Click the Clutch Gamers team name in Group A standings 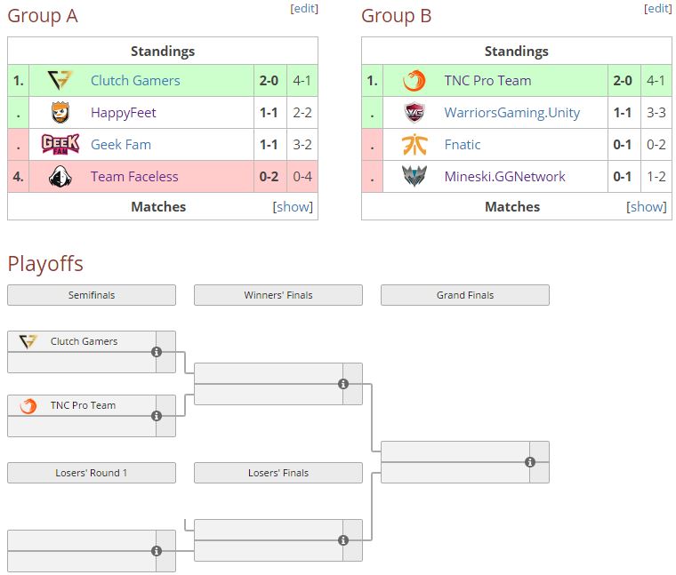[x=135, y=81]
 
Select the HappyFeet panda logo [x=60, y=112]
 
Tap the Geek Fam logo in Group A [x=60, y=144]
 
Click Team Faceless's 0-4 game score [x=302, y=177]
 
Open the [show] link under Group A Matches [x=293, y=207]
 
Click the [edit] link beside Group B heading [x=658, y=9]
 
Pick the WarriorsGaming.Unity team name [x=511, y=112]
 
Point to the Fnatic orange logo [x=414, y=144]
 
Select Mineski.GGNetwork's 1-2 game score [x=656, y=177]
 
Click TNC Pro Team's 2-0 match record [x=623, y=81]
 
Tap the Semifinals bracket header [x=92, y=295]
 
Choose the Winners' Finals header [x=278, y=295]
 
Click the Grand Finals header [x=464, y=295]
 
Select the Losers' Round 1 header [x=92, y=473]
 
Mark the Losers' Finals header [x=278, y=473]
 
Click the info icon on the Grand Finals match [x=530, y=462]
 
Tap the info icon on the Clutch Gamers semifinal [x=157, y=352]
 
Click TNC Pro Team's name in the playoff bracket [x=83, y=405]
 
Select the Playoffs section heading [x=45, y=264]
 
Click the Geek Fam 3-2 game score [x=302, y=145]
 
